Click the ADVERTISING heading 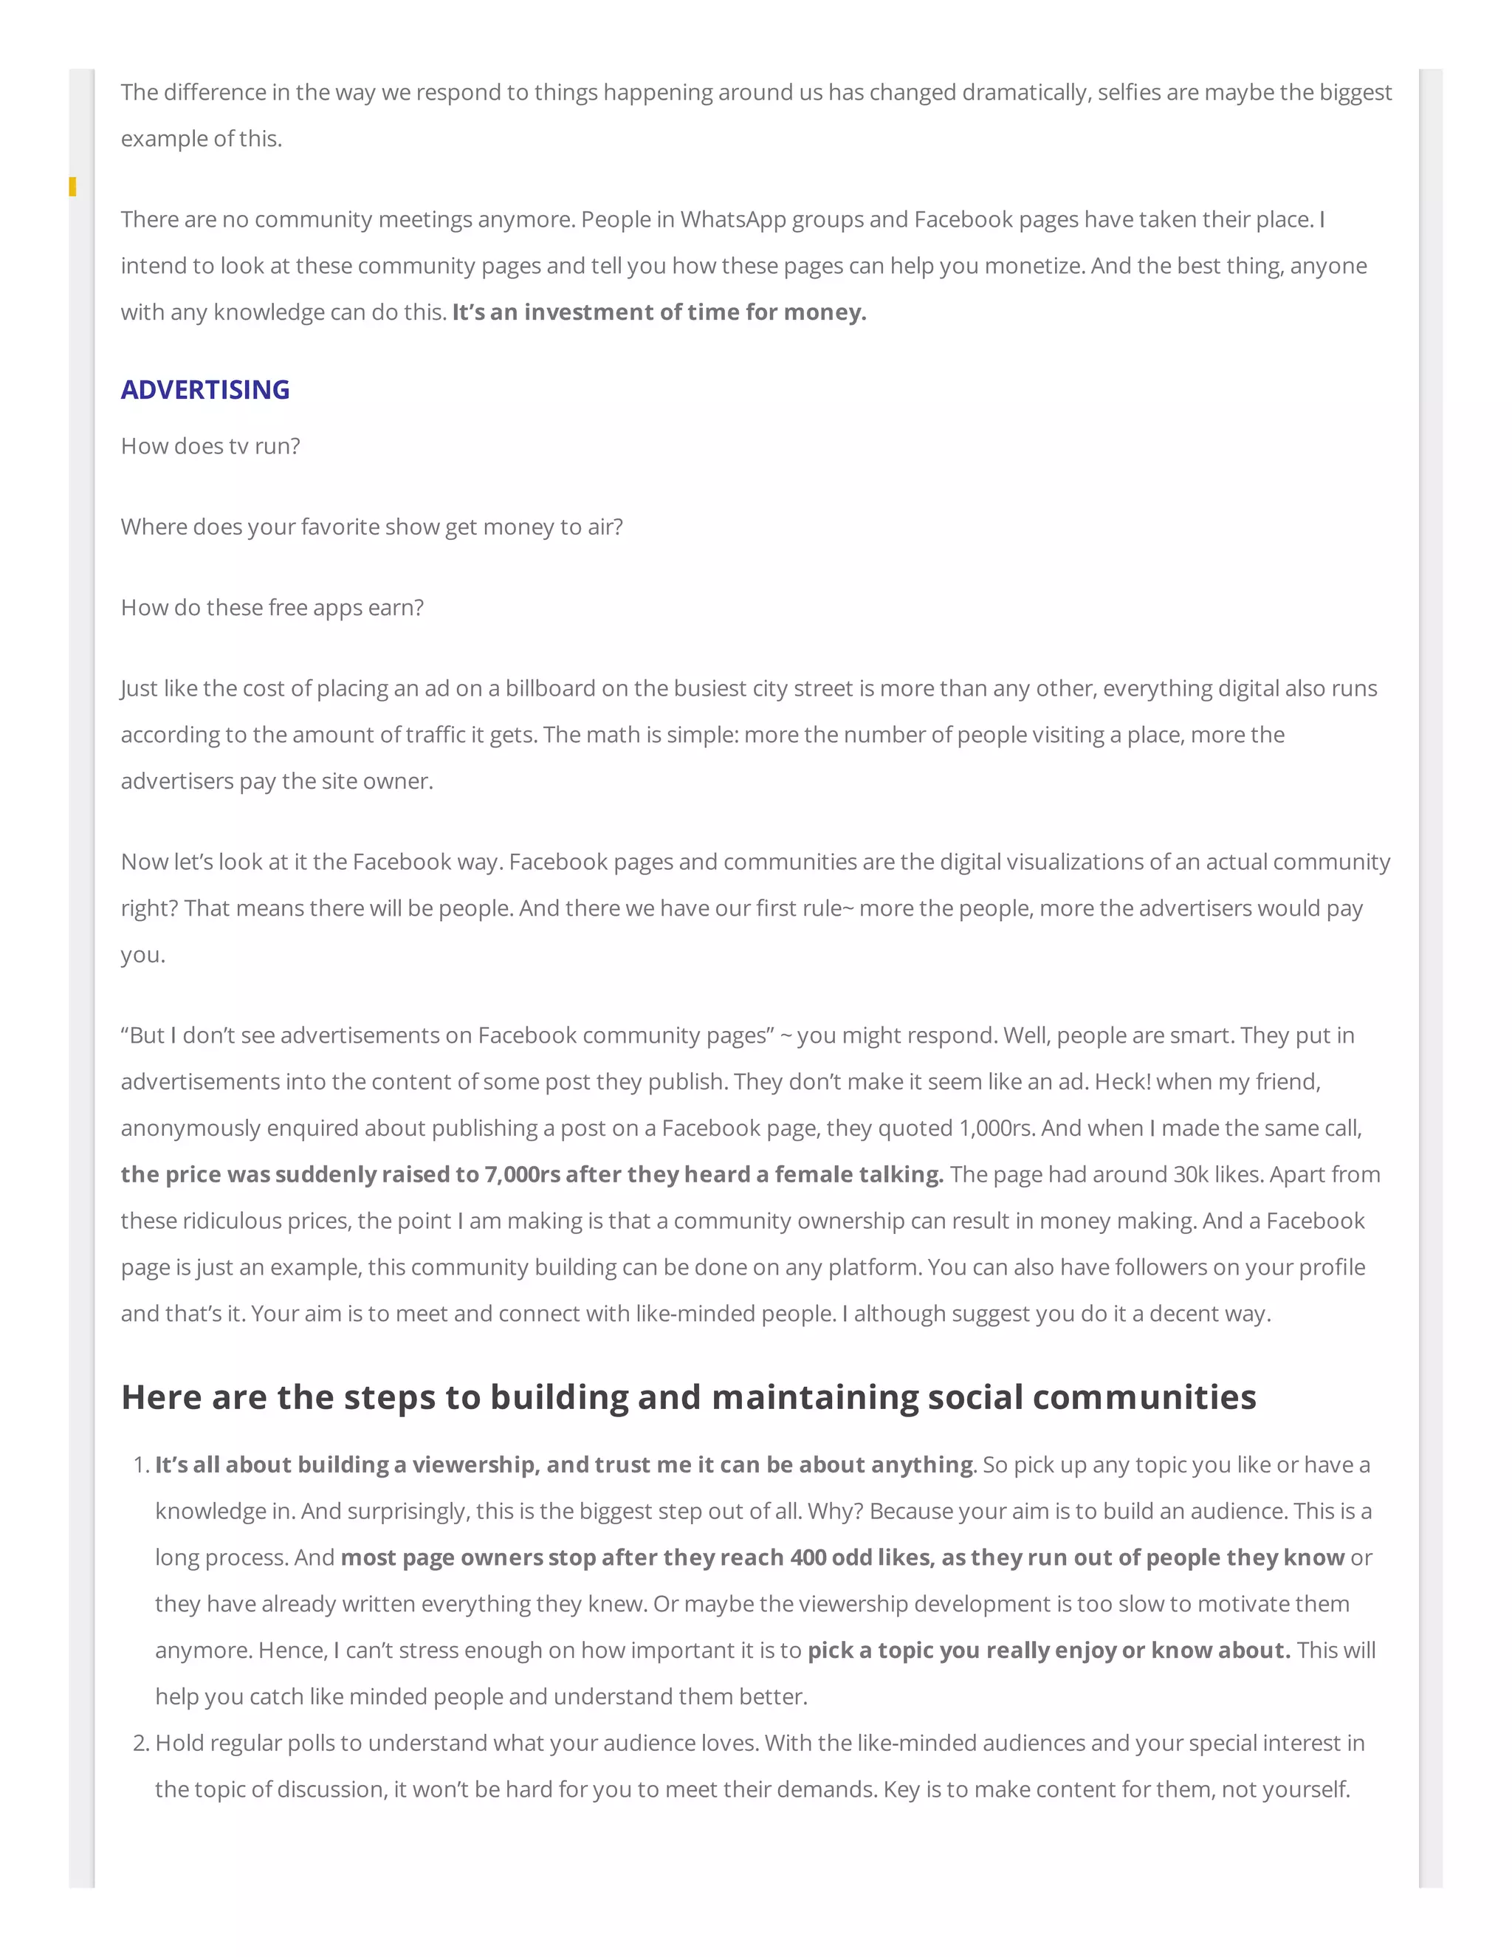(x=205, y=390)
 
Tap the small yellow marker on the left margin (x=72, y=186)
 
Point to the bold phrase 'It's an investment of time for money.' (x=659, y=312)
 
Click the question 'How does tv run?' (x=210, y=446)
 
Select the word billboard (x=550, y=688)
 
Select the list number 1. (x=140, y=1465)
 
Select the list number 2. (x=140, y=1743)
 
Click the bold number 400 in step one (x=807, y=1557)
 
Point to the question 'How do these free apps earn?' (x=272, y=608)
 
